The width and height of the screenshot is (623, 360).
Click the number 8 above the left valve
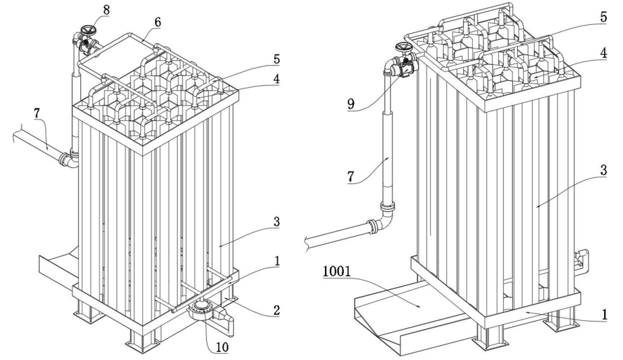click(x=106, y=10)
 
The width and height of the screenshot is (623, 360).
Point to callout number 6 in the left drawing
click(x=158, y=22)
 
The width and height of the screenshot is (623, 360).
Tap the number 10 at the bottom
click(x=222, y=347)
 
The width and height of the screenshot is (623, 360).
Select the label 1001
click(x=337, y=272)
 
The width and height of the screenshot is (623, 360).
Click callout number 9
click(x=351, y=104)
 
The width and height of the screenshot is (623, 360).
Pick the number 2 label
click(x=276, y=310)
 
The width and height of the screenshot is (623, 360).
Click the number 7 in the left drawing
click(x=37, y=113)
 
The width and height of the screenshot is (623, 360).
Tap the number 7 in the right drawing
click(x=351, y=177)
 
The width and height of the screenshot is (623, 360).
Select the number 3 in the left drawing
click(x=276, y=222)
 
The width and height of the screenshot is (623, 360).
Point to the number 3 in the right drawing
click(x=603, y=171)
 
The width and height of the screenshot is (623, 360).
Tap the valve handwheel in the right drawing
click(x=405, y=48)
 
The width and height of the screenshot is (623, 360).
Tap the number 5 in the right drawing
click(x=603, y=17)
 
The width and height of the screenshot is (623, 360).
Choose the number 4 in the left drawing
click(x=276, y=78)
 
